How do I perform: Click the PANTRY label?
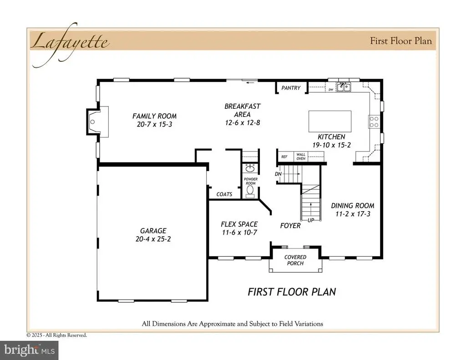pos(291,88)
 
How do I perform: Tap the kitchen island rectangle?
pos(330,121)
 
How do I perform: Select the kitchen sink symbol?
pos(344,87)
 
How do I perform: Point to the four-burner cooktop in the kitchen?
pos(374,122)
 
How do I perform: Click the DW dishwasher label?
pos(331,90)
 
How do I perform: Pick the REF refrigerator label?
pos(284,157)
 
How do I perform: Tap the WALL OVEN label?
pos(301,157)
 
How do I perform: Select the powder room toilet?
pos(250,191)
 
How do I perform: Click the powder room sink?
pos(250,168)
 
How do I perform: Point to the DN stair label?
pos(278,174)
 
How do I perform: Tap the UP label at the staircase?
pos(311,220)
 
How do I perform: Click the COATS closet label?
pos(224,194)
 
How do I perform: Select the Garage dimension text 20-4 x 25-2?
pos(153,239)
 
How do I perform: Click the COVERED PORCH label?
pos(295,260)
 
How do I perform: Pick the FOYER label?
pos(290,226)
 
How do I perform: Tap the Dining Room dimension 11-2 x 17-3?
pos(353,214)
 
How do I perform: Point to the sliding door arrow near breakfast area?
pos(250,82)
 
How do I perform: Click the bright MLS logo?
pos(29,350)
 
